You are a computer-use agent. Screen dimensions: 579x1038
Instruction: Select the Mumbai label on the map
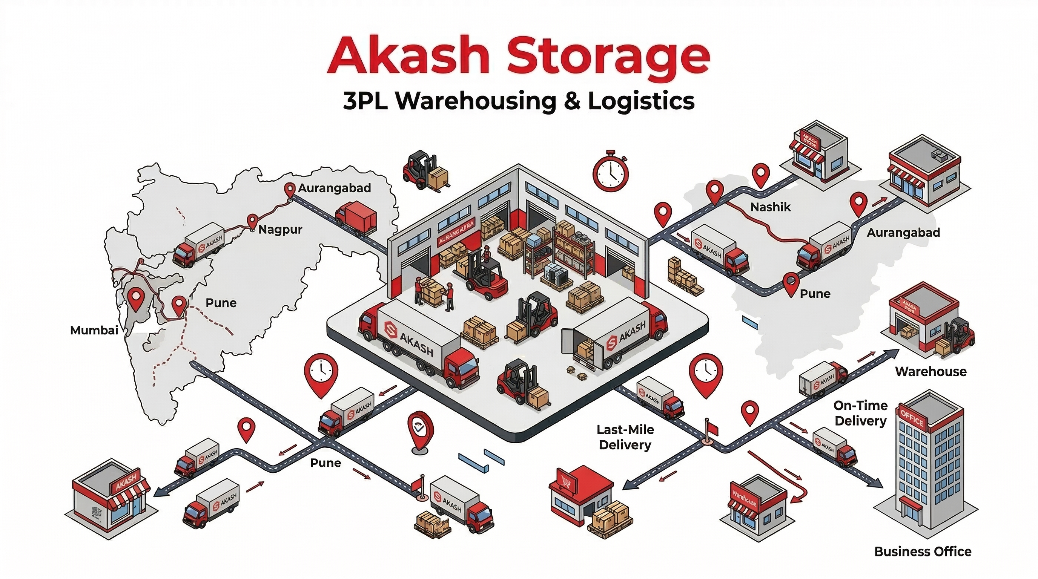point(94,331)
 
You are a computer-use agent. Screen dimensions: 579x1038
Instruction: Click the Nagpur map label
point(280,230)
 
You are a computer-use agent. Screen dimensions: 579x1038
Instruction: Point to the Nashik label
point(770,207)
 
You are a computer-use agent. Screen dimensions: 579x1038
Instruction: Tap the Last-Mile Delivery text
point(625,437)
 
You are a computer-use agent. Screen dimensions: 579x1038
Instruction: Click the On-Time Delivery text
point(860,413)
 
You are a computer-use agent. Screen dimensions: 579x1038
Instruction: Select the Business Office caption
point(922,551)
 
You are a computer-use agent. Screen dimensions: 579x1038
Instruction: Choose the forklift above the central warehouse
point(425,171)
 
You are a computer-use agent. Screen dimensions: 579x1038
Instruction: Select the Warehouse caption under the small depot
point(931,372)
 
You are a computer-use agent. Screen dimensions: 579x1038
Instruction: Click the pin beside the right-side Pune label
point(791,283)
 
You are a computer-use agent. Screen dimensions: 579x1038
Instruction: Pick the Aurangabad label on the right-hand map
point(903,233)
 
